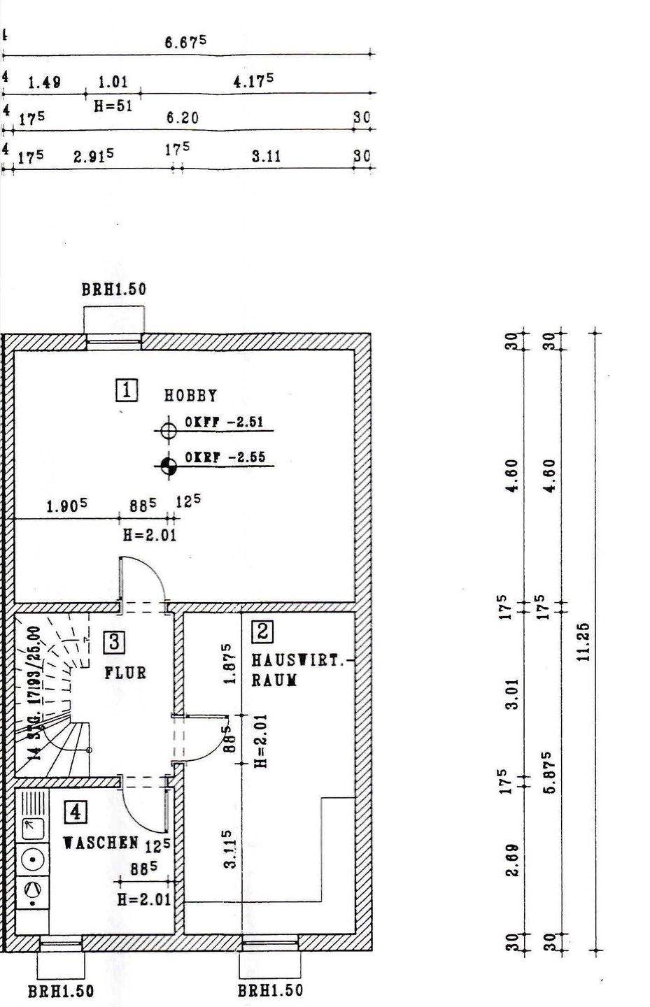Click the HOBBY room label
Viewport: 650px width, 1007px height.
190,395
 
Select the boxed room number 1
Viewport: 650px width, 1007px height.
127,390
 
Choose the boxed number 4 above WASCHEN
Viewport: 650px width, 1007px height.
76,813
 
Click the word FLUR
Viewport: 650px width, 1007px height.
126,673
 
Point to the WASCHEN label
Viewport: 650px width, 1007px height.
101,843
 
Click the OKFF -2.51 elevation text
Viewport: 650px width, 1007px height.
215,422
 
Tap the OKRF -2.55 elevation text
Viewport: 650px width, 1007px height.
215,457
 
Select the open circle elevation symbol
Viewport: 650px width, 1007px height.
168,430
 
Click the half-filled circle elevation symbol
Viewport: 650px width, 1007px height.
168,464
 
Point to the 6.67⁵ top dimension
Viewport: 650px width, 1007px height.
185,43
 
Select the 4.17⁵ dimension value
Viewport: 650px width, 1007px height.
253,81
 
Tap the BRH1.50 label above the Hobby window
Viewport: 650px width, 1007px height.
114,290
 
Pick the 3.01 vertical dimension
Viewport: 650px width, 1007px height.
513,694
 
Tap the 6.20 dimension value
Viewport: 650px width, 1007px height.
182,118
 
